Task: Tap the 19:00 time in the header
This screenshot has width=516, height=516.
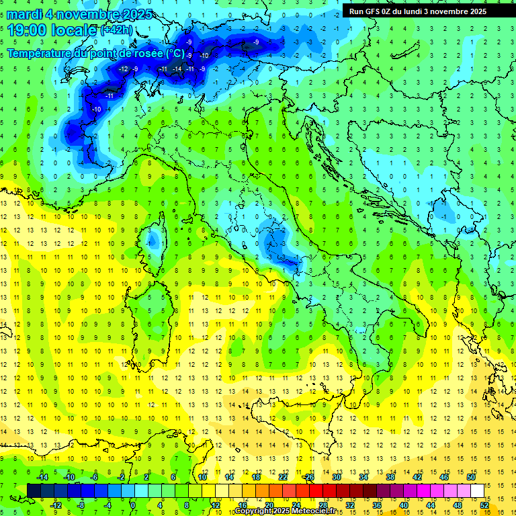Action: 26,30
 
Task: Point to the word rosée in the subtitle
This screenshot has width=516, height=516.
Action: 148,53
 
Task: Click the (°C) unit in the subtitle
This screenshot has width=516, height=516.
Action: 175,53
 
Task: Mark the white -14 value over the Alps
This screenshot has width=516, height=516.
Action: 177,69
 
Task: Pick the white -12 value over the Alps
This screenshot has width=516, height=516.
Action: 123,69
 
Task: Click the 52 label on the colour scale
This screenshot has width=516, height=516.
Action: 484,505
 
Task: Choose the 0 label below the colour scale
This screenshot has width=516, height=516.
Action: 133,505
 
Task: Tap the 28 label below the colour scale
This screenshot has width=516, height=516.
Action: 322,505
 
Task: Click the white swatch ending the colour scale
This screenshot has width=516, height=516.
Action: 478,490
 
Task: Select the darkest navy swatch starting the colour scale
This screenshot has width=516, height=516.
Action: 34,490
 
